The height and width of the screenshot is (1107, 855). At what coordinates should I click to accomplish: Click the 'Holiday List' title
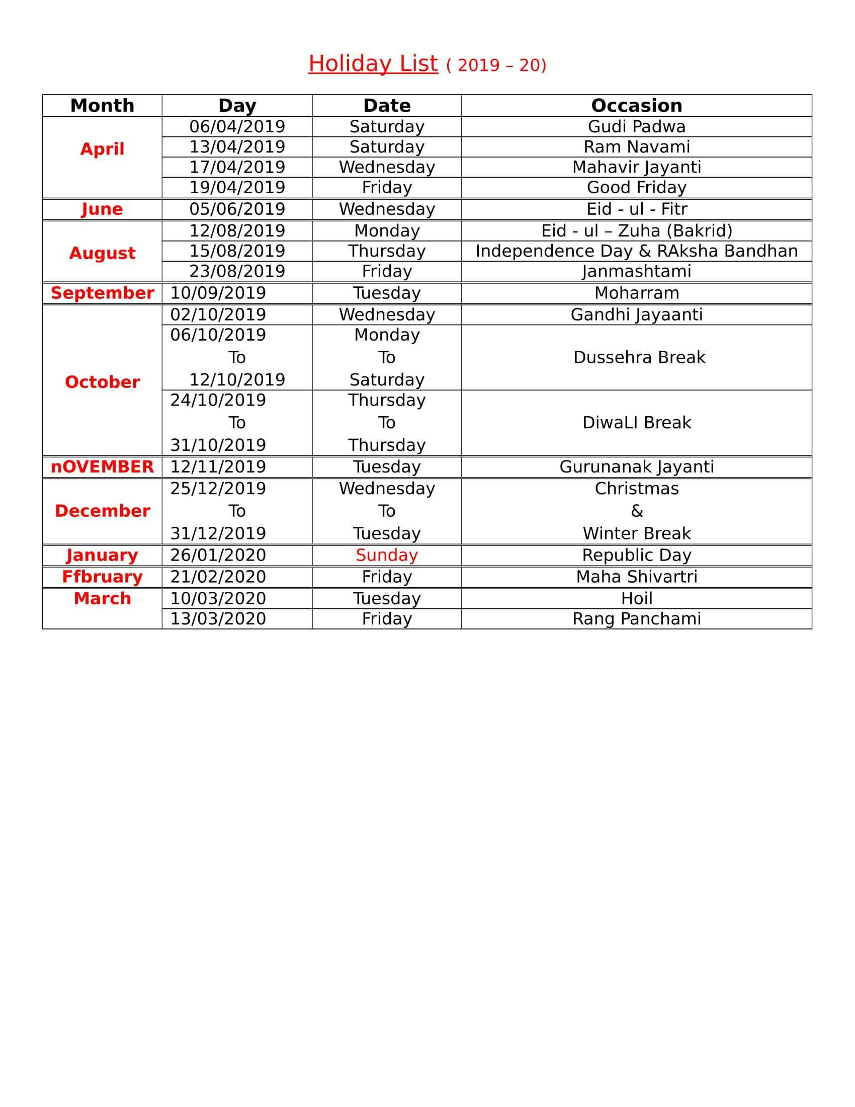tap(373, 64)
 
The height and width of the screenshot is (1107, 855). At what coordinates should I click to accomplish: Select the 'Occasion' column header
tap(636, 106)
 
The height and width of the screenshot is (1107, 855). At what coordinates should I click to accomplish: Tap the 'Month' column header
tap(102, 106)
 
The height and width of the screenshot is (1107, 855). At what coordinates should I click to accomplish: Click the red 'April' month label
tap(102, 149)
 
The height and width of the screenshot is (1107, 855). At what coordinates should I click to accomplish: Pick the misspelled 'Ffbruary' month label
tap(102, 577)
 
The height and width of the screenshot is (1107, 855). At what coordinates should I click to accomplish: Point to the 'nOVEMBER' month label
tap(102, 467)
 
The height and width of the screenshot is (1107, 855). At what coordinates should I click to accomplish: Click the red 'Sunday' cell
tap(386, 555)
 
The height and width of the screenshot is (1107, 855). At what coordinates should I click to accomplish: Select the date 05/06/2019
tap(237, 209)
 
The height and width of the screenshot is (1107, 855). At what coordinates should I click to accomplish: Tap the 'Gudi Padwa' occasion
tap(636, 127)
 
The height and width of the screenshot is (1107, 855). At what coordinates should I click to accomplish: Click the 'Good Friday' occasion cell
tap(636, 188)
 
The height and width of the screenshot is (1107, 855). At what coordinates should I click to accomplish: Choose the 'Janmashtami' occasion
tap(636, 271)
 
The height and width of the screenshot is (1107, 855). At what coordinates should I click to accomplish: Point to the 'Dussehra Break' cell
tap(639, 357)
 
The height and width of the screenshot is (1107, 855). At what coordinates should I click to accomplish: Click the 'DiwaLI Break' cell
tap(636, 423)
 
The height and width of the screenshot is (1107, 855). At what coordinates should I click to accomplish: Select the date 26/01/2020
tap(218, 555)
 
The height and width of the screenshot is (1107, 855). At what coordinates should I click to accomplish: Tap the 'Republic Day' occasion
tap(636, 555)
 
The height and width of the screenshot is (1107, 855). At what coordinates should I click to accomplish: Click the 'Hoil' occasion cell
tap(636, 599)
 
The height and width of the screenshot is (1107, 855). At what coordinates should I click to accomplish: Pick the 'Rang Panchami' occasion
tap(636, 619)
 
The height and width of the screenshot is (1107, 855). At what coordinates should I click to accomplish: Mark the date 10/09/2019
tap(218, 293)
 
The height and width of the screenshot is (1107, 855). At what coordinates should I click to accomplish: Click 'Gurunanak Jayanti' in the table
tap(636, 467)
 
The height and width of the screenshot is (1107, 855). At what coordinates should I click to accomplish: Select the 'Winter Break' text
tap(636, 534)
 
